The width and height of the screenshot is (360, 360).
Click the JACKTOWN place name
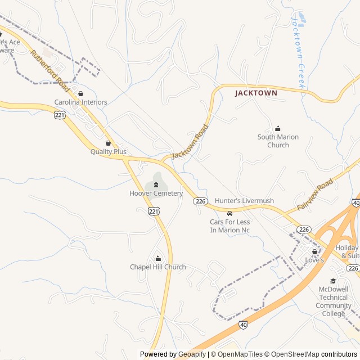pyautogui.click(x=256, y=93)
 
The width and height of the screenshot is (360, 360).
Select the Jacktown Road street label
pyautogui.click(x=190, y=141)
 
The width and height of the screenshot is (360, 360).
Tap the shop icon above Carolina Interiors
pyautogui.click(x=80, y=94)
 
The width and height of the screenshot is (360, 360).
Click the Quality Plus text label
pyautogui.click(x=109, y=152)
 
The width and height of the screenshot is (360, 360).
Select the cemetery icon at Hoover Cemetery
pyautogui.click(x=156, y=185)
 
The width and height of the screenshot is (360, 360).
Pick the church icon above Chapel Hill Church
pyautogui.click(x=157, y=258)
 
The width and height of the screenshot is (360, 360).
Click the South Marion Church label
pyautogui.click(x=278, y=141)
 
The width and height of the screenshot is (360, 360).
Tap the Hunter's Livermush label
pyautogui.click(x=244, y=201)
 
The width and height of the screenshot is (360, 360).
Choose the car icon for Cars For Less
pyautogui.click(x=229, y=214)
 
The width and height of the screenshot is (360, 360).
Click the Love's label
pyautogui.click(x=314, y=260)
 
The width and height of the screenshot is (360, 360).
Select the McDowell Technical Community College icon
pyautogui.click(x=333, y=281)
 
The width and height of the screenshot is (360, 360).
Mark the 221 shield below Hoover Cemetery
pyautogui.click(x=154, y=211)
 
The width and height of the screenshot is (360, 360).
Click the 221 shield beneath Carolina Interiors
pyautogui.click(x=60, y=115)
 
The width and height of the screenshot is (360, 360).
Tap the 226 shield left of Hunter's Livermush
pyautogui.click(x=200, y=201)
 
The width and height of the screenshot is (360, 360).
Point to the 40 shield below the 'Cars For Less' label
pyautogui.click(x=243, y=325)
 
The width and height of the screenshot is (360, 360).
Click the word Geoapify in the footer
pyautogui.click(x=192, y=354)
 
